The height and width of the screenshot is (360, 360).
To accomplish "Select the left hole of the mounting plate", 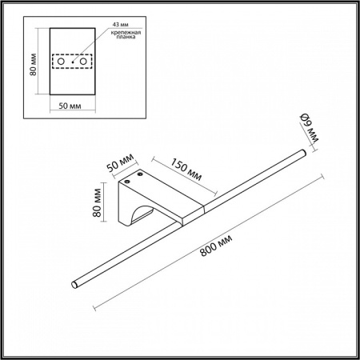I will [x=60, y=61].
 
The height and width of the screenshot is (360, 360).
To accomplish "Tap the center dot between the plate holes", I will [x=72, y=61].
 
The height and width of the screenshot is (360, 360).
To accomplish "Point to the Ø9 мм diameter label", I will [x=309, y=126].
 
